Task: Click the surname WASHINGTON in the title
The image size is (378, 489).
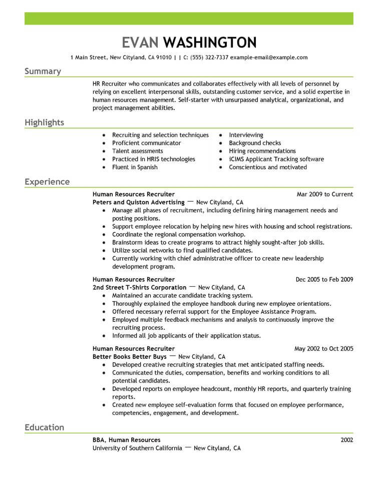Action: [x=210, y=43]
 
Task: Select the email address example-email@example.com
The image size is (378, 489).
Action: [x=269, y=58]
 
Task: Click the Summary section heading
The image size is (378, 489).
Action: [x=43, y=71]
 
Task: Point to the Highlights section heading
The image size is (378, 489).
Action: [x=44, y=123]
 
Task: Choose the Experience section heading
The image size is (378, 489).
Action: [x=47, y=182]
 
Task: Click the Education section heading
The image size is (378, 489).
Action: [x=44, y=427]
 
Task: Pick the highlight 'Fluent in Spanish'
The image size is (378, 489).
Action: [x=135, y=167]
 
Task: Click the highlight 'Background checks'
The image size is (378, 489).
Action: [x=255, y=143]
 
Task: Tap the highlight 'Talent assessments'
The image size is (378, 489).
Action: [x=137, y=151]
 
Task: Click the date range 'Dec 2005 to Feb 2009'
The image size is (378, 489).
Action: [x=324, y=279]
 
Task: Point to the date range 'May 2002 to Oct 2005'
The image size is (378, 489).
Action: [x=323, y=348]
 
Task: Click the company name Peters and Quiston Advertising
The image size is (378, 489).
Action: [x=139, y=203]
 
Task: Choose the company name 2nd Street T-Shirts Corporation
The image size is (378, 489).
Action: [x=140, y=288]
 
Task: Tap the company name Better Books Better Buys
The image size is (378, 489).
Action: [x=130, y=357]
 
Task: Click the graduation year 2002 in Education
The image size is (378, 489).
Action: [x=346, y=440]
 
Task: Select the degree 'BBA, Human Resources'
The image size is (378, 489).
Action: [x=127, y=440]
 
